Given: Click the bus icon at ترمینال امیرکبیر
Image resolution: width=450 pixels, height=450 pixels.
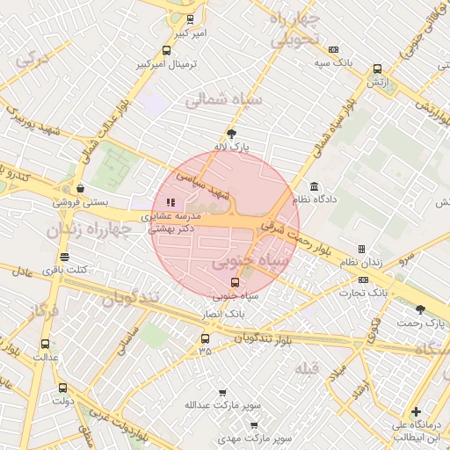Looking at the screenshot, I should (x=167, y=51).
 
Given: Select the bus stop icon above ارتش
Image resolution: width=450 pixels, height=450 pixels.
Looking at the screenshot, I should (x=377, y=69).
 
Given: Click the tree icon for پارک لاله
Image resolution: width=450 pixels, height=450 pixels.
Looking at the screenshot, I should (x=231, y=134).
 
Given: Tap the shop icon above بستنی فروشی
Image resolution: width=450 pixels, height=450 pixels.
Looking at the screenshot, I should (x=81, y=188).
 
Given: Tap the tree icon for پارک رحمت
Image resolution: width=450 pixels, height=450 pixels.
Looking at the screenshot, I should (x=420, y=308).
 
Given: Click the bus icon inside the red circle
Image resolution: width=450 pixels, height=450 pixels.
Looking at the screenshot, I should (x=235, y=282).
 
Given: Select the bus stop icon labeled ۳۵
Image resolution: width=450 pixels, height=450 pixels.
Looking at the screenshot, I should (x=205, y=338).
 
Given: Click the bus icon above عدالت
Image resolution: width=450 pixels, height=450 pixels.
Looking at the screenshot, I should (x=45, y=344).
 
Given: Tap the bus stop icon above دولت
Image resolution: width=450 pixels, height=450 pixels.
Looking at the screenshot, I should (x=62, y=387).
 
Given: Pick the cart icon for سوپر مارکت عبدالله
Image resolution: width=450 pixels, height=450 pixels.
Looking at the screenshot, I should (x=221, y=393).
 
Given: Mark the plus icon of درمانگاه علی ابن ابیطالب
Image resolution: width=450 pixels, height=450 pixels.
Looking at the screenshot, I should (x=416, y=411).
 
